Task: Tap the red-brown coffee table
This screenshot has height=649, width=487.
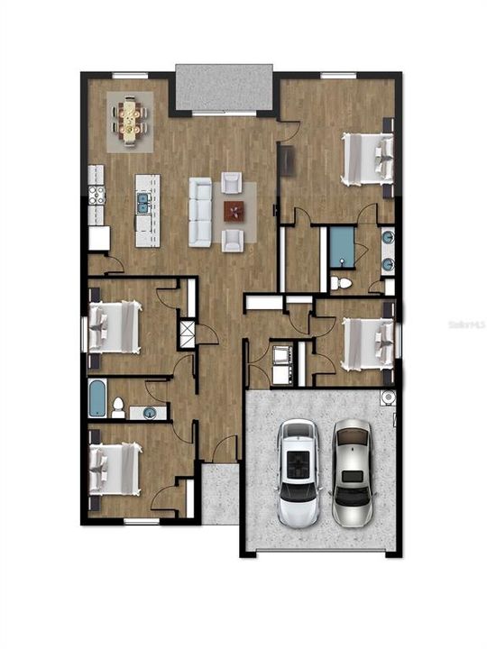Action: pyautogui.click(x=234, y=211)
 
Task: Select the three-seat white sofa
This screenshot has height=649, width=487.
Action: pyautogui.click(x=199, y=211)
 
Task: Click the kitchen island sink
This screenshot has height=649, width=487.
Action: pyautogui.click(x=142, y=203)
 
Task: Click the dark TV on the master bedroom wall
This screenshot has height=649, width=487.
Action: pyautogui.click(x=289, y=160)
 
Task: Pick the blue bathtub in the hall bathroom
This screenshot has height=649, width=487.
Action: pyautogui.click(x=96, y=398)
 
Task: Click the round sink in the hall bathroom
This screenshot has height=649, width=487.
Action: pyautogui.click(x=149, y=413)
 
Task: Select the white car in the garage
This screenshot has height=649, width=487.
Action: pyautogui.click(x=299, y=474)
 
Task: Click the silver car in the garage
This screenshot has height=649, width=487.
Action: pyautogui.click(x=352, y=474)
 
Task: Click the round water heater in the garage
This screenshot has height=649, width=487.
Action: pyautogui.click(x=388, y=398)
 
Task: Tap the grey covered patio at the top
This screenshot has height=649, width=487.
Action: pyautogui.click(x=224, y=87)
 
